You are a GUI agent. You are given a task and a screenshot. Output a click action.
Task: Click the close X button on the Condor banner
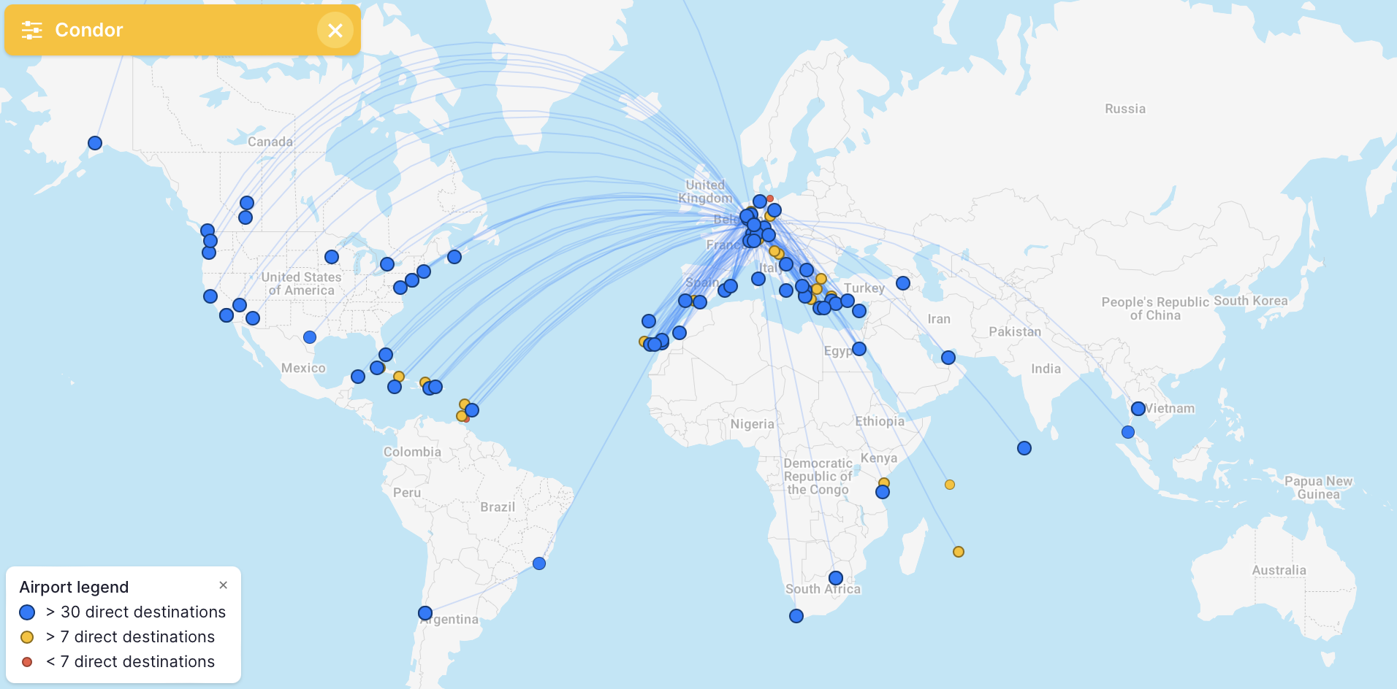click(x=335, y=30)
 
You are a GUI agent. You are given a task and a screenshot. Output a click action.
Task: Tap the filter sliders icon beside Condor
click(x=31, y=30)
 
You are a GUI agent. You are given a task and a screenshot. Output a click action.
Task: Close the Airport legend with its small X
click(x=224, y=585)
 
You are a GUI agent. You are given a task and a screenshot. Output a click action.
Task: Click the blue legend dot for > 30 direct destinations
click(x=27, y=612)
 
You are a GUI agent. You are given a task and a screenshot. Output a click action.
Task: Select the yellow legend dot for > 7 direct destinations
click(x=27, y=637)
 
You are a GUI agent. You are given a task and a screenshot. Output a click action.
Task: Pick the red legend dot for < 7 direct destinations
click(x=27, y=662)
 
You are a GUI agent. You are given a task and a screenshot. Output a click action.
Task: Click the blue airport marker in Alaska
click(x=95, y=143)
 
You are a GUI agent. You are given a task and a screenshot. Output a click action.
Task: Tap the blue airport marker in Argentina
click(x=425, y=613)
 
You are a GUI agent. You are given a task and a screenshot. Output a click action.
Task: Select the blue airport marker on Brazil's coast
click(x=539, y=563)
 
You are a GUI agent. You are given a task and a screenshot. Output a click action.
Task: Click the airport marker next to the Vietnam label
click(x=1138, y=409)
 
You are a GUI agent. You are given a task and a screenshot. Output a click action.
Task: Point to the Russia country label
click(x=1125, y=109)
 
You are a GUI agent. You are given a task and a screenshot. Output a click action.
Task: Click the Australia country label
click(x=1279, y=570)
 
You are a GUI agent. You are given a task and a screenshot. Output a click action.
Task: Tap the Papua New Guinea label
click(x=1318, y=488)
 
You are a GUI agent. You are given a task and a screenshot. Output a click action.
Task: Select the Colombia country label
click(x=412, y=452)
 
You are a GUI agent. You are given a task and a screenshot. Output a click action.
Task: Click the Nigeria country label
click(x=752, y=424)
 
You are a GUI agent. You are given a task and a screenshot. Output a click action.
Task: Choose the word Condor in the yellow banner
click(x=89, y=30)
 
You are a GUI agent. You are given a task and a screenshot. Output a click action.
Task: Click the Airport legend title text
click(x=74, y=588)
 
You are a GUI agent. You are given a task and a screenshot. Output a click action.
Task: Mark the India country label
click(x=1046, y=369)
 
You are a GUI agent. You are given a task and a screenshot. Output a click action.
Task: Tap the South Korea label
click(x=1251, y=301)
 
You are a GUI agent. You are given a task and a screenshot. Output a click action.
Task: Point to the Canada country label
click(x=270, y=142)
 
